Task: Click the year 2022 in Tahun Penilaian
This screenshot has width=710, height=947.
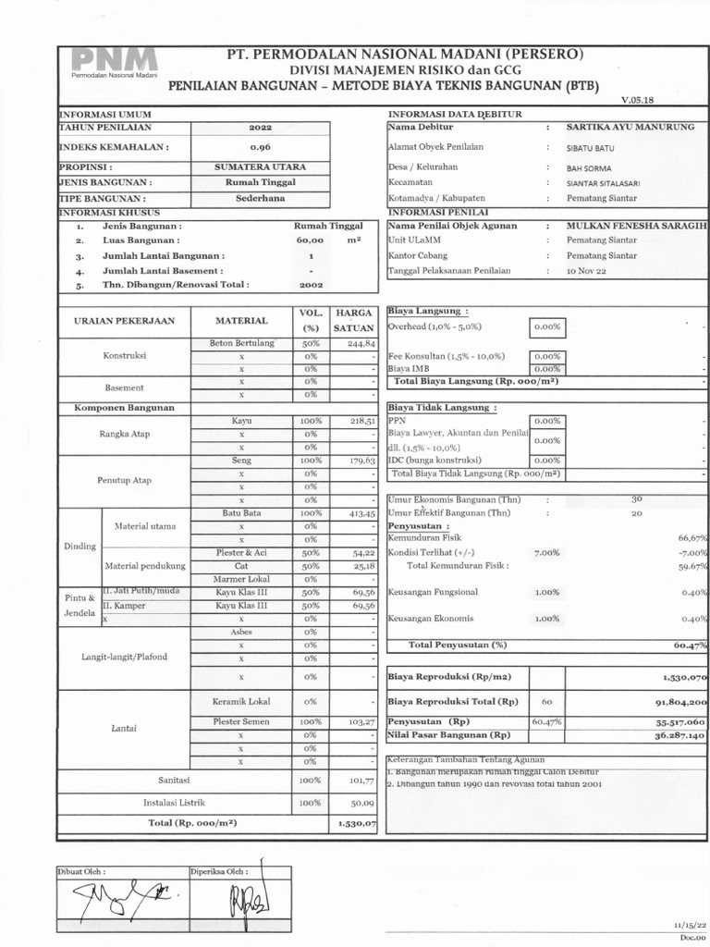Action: pos(260,128)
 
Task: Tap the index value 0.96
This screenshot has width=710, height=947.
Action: pos(260,147)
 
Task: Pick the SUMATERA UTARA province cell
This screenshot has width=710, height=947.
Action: pos(260,167)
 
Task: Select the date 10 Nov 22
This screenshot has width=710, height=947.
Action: pos(587,271)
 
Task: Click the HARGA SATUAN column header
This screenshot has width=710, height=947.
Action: pos(353,320)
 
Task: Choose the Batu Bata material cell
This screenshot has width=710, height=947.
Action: pos(241,512)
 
